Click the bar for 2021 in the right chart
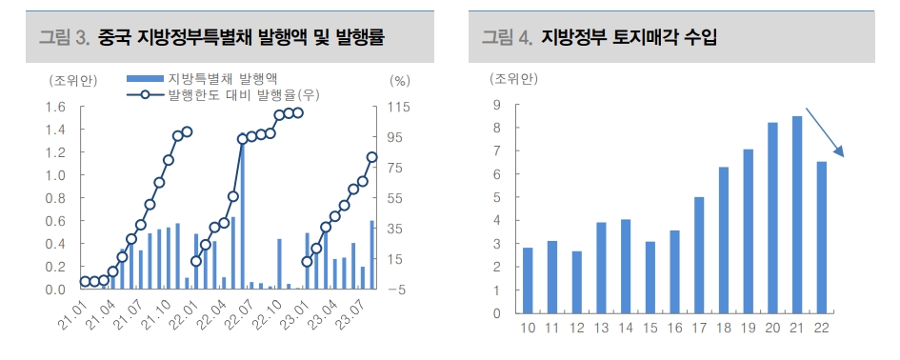pyautogui.click(x=797, y=214)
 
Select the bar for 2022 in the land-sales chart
pyautogui.click(x=822, y=237)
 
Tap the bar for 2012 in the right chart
pyautogui.click(x=577, y=282)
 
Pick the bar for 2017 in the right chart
pyautogui.click(x=699, y=255)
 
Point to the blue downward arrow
pyautogui.click(x=826, y=132)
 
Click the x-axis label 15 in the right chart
pyautogui.click(x=650, y=329)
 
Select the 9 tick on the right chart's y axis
pyautogui.click(x=496, y=105)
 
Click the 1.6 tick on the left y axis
pyautogui.click(x=55, y=107)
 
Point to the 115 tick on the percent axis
pyautogui.click(x=398, y=107)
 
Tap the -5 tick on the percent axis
pyautogui.click(x=397, y=289)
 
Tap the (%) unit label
pyautogui.click(x=399, y=81)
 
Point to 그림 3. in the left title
pyautogui.click(x=64, y=37)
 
